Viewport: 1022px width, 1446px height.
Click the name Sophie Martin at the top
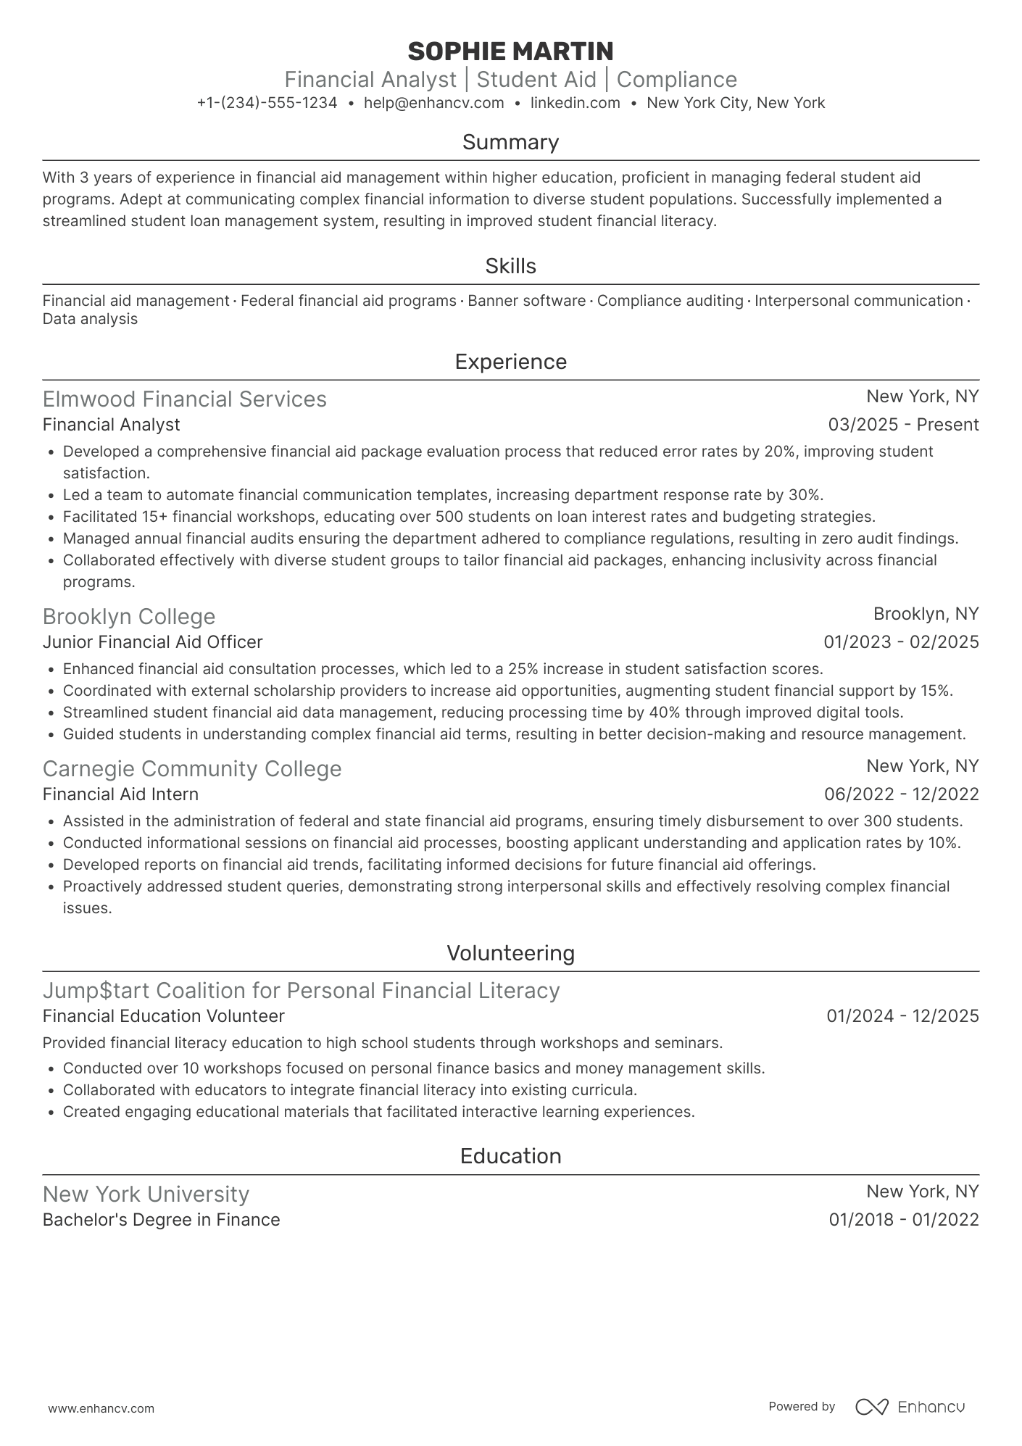click(x=510, y=51)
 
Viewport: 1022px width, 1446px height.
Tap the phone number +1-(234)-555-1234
click(x=267, y=103)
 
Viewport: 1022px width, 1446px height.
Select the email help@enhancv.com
click(x=433, y=103)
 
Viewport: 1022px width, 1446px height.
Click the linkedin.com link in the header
click(x=575, y=103)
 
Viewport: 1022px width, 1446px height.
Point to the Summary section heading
click(x=510, y=142)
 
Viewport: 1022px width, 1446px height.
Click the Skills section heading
click(x=510, y=266)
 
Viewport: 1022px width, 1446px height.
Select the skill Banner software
click(x=526, y=301)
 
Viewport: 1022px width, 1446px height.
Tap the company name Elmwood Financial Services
click(x=184, y=399)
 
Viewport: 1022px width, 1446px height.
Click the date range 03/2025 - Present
click(x=903, y=425)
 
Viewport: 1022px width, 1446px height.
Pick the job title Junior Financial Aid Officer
click(x=152, y=642)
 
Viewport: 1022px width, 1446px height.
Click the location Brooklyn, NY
click(x=926, y=614)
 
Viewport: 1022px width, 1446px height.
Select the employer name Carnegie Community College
click(x=191, y=769)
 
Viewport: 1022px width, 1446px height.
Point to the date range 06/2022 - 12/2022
click(x=901, y=794)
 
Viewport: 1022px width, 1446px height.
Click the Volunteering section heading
click(x=510, y=953)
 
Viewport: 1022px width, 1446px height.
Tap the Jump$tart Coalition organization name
click(x=301, y=991)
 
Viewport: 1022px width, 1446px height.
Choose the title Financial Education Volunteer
click(x=163, y=1016)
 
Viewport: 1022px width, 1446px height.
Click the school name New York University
click(x=146, y=1194)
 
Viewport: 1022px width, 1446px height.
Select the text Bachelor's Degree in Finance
click(x=161, y=1220)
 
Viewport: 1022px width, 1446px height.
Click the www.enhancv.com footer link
click(x=101, y=1409)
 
